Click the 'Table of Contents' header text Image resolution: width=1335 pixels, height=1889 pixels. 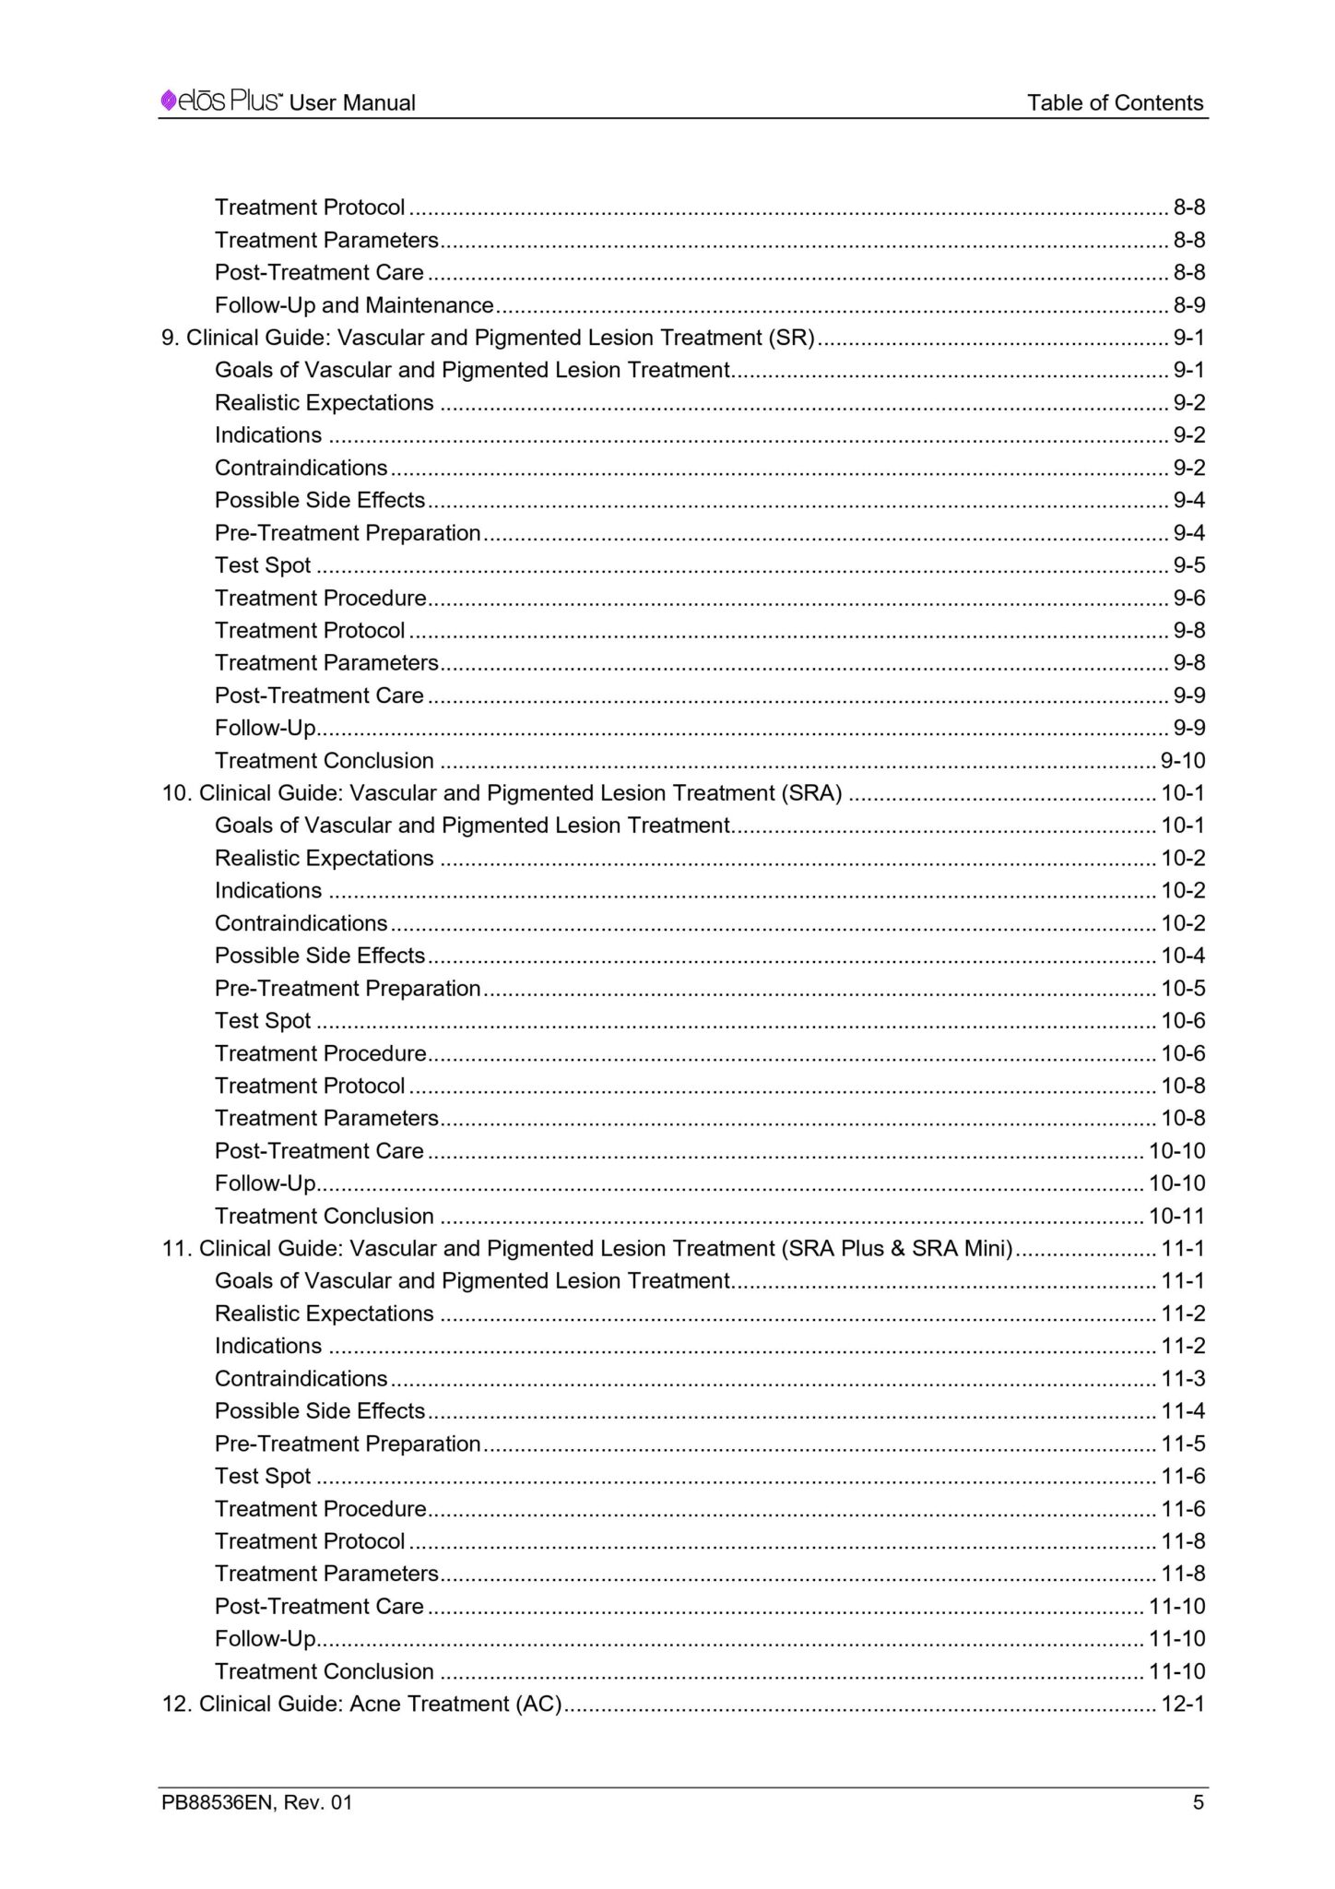pos(1115,102)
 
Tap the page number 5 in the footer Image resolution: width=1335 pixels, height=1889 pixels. pos(1198,1802)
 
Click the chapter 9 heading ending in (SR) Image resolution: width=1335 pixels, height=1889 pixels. pos(489,338)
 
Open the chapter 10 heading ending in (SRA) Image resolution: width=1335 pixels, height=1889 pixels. pos(502,793)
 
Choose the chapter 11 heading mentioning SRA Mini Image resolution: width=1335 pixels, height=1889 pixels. pos(587,1248)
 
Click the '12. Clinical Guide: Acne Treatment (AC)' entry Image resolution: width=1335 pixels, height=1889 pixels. pos(362,1704)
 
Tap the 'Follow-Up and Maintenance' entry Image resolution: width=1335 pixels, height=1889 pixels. pos(354,305)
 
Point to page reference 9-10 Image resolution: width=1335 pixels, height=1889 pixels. pos(1182,761)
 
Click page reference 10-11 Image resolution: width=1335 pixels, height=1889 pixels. pos(1176,1216)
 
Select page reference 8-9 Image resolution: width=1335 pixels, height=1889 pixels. pos(1188,305)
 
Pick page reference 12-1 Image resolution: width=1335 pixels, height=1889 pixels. pos(1182,1704)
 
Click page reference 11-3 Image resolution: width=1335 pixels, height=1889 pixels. pos(1182,1378)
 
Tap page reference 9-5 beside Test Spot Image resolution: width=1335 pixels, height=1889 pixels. pos(1188,565)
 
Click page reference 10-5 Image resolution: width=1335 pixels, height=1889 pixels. pos(1182,989)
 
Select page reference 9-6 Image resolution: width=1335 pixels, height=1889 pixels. pos(1188,598)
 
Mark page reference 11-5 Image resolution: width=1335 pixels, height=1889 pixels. pos(1182,1443)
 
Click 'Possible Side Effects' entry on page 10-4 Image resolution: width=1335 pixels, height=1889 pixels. pos(320,956)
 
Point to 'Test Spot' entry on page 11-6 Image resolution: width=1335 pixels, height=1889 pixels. pos(263,1476)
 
